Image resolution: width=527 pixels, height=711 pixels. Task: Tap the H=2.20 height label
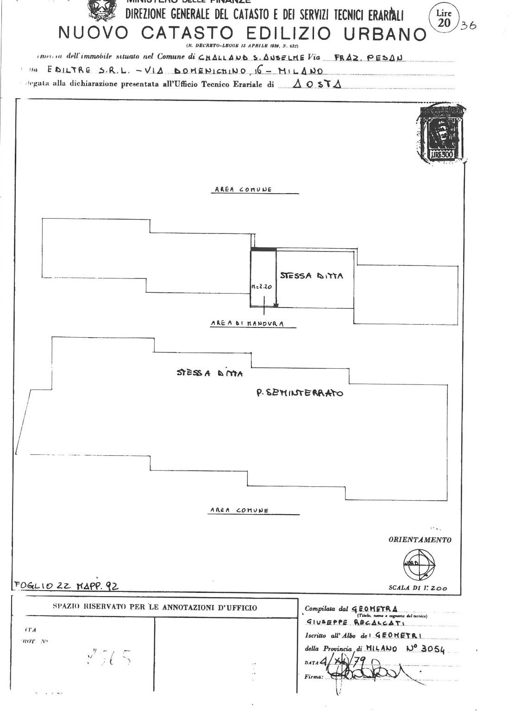(262, 287)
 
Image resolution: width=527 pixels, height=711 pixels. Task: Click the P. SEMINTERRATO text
(300, 393)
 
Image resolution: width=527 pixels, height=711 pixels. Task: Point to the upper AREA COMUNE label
(243, 189)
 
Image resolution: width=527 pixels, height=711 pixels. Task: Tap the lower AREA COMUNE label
(239, 510)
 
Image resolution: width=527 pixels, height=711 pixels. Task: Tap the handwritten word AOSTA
(318, 85)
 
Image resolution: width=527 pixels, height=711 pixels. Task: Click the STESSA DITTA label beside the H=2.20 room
(311, 276)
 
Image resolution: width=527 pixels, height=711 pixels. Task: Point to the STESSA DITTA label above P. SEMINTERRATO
(210, 373)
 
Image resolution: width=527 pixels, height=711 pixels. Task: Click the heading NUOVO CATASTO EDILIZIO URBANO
(242, 33)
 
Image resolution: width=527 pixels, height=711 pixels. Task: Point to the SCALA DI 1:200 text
(418, 588)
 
